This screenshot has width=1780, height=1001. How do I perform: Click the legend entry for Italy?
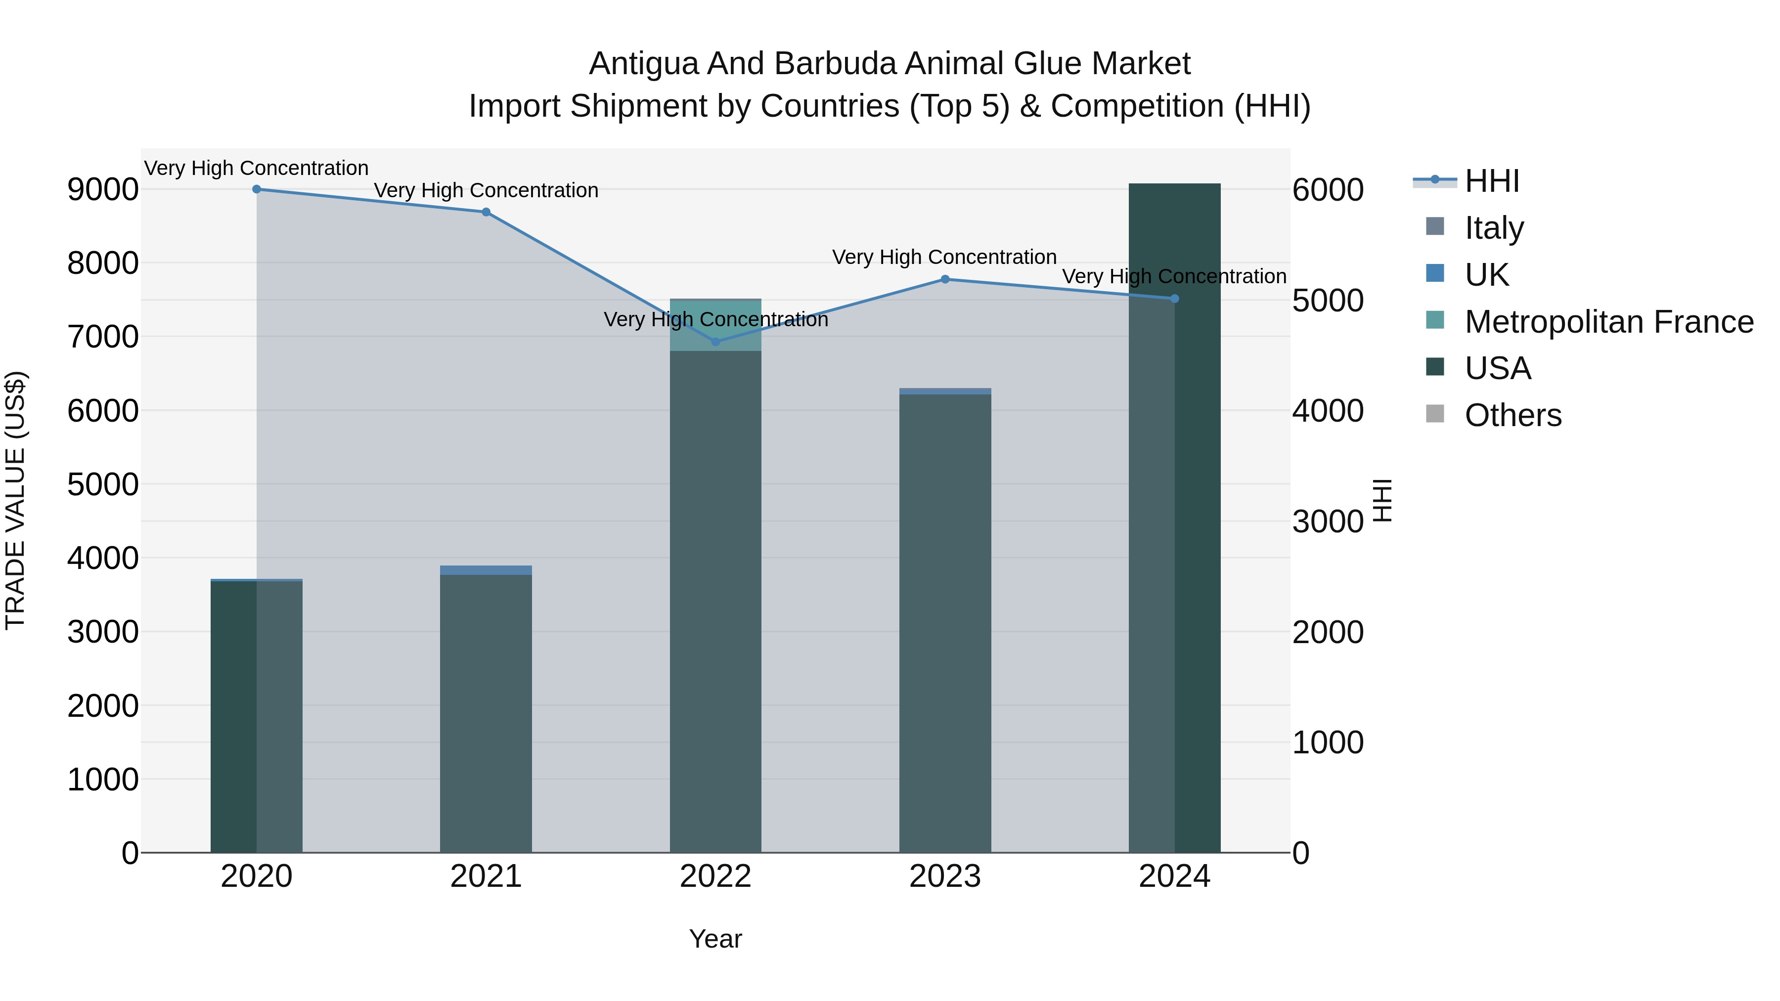(x=1493, y=228)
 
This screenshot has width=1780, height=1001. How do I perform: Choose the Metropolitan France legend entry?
(x=1608, y=322)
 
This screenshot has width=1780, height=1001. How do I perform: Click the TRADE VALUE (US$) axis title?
(x=15, y=500)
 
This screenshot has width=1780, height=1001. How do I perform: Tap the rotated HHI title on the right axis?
(x=1381, y=500)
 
